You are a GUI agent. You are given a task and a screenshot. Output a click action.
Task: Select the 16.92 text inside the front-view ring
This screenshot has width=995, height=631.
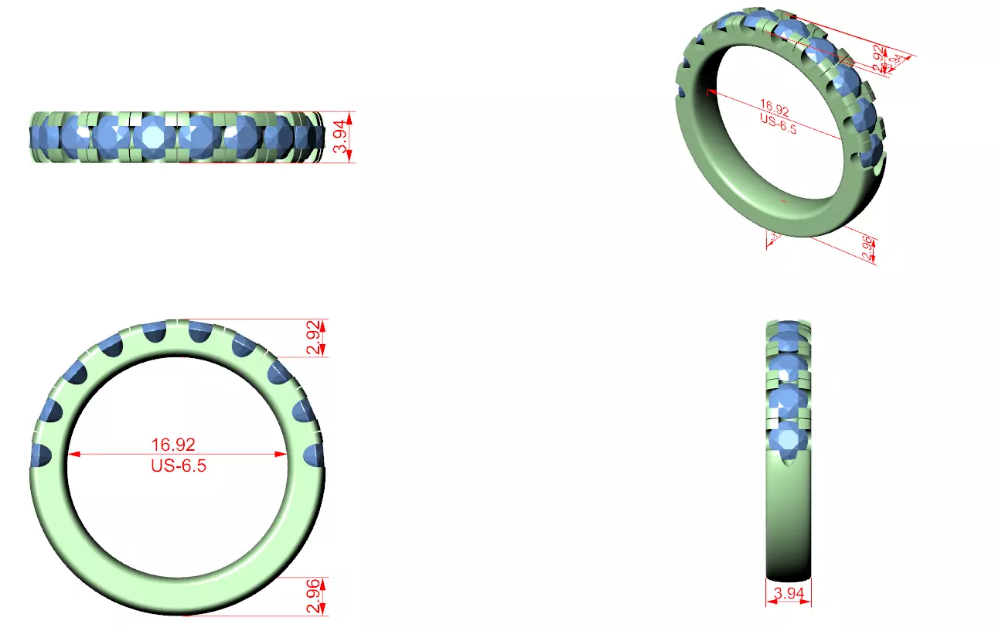(173, 445)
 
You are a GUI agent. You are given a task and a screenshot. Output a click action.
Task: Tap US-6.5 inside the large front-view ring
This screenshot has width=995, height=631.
(178, 466)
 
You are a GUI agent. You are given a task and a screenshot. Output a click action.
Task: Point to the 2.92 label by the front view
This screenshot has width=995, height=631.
(314, 338)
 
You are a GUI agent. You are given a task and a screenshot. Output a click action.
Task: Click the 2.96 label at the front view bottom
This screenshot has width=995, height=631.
(314, 596)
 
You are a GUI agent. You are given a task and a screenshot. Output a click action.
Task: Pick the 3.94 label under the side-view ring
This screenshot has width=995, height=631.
(789, 594)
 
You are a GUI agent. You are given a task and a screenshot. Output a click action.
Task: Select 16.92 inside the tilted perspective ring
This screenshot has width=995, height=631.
(775, 107)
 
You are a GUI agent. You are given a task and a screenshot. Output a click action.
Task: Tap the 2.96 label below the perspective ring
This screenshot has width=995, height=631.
(867, 247)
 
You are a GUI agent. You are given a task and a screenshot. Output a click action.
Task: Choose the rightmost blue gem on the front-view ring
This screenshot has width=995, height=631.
(315, 455)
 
